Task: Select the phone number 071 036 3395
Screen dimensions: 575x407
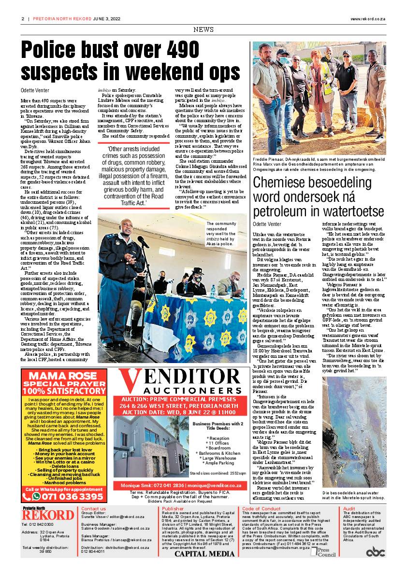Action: point(73,496)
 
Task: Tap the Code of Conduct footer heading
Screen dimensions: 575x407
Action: point(261,509)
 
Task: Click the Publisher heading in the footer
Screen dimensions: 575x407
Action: point(173,509)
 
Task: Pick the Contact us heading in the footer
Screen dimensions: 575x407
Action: point(93,509)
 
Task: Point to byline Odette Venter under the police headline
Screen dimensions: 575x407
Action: point(35,90)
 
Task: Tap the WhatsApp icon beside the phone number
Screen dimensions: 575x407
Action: point(37,496)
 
